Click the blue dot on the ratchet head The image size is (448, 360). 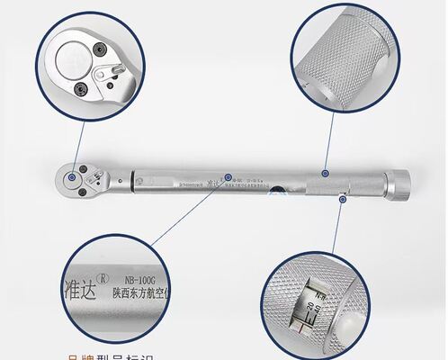click(71, 178)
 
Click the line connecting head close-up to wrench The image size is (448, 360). click(76, 144)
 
